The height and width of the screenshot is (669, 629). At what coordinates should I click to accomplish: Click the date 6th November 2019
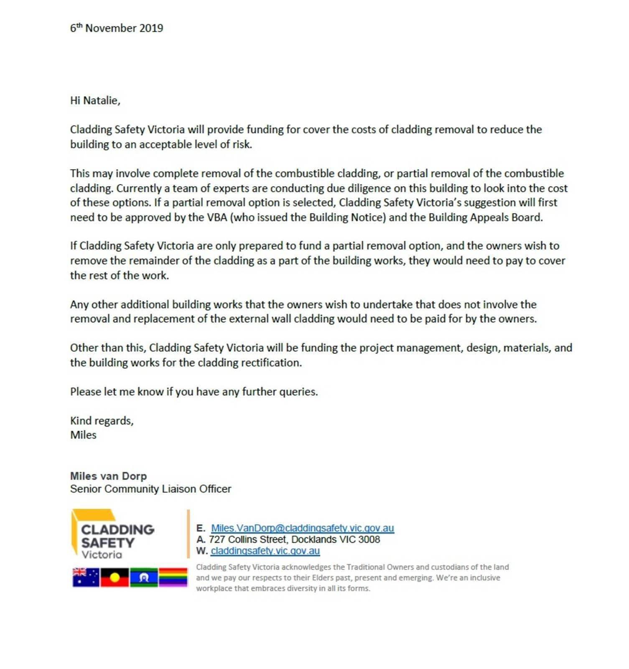pos(117,28)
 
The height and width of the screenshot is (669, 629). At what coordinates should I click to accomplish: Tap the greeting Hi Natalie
pos(95,100)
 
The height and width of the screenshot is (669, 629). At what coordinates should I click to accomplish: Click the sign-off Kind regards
pos(102,421)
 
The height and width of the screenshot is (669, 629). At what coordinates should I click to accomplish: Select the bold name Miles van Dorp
pos(108,476)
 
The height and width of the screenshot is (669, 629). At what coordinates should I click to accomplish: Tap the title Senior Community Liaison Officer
pos(150,489)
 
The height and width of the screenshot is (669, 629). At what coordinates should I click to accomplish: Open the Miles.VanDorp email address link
pos(302,528)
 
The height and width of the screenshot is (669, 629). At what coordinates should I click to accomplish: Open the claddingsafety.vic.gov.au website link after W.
pos(265,551)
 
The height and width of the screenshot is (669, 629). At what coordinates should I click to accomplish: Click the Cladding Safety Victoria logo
pos(113,535)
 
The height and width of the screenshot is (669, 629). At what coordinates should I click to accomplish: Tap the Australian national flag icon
pos(86,577)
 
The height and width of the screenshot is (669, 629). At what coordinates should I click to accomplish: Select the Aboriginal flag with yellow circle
pos(115,577)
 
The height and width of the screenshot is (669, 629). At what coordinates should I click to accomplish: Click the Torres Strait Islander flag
pos(144,577)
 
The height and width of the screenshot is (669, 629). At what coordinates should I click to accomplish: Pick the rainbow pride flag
pos(173,577)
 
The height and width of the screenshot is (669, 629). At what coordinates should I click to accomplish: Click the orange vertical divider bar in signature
pos(188,534)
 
